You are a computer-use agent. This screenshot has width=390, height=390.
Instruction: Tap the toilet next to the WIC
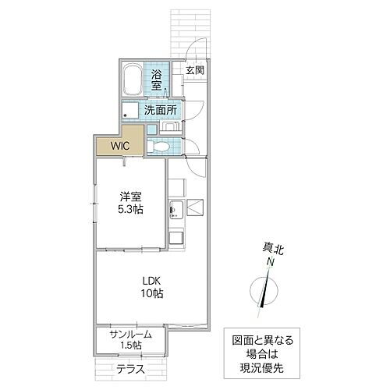[159, 146]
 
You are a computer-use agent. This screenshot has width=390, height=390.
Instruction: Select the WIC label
[119, 144]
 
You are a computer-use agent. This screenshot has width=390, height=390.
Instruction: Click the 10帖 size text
[151, 294]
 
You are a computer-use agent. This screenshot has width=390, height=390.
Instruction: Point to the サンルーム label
[130, 334]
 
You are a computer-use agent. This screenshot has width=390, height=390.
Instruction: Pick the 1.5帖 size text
[130, 346]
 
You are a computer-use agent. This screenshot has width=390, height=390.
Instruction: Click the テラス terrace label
[130, 368]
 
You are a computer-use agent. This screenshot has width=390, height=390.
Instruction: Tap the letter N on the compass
[271, 263]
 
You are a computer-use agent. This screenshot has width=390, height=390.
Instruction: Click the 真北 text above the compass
[269, 249]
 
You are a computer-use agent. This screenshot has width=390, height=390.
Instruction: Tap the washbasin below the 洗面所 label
[173, 125]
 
